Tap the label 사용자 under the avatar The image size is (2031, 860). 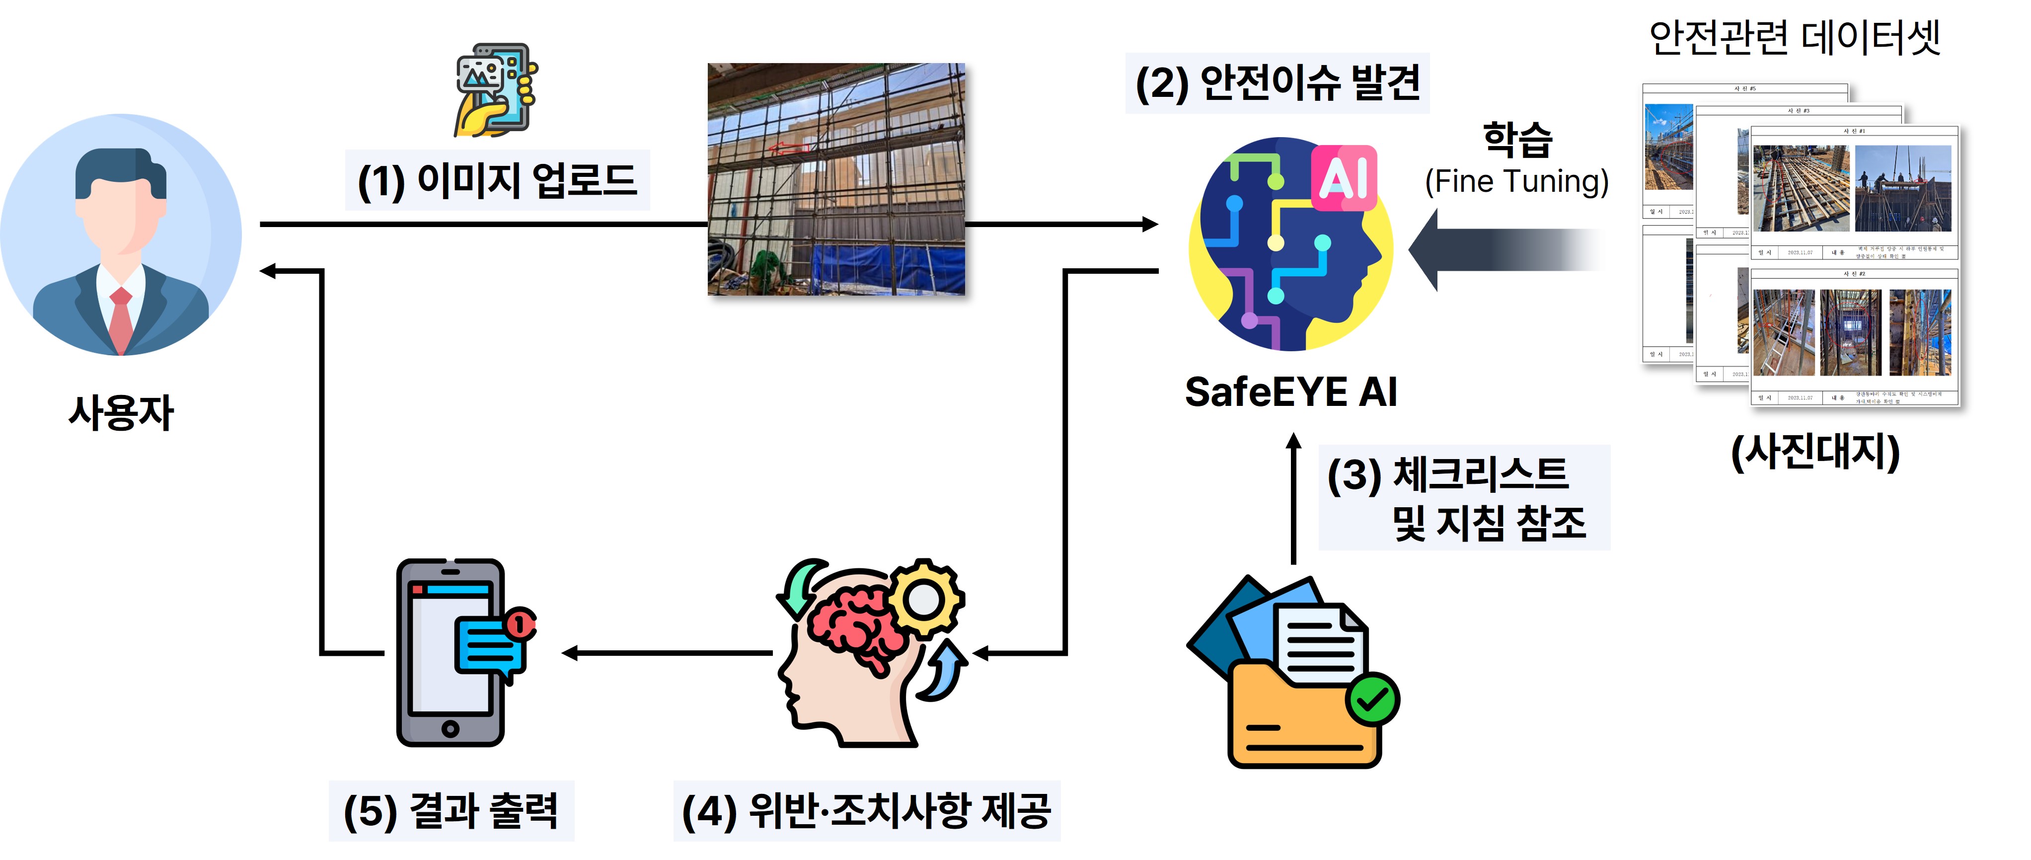pyautogui.click(x=121, y=412)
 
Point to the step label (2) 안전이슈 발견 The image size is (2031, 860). pyautogui.click(x=1277, y=83)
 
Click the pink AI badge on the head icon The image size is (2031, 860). pyautogui.click(x=1344, y=177)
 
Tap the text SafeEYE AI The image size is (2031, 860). pyautogui.click(x=1290, y=392)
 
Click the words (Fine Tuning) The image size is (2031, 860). pyautogui.click(x=1516, y=182)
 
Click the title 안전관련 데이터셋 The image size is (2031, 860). pyautogui.click(x=1795, y=38)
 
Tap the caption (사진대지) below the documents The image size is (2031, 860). pyautogui.click(x=1815, y=452)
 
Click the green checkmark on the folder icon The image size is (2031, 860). pyautogui.click(x=1372, y=699)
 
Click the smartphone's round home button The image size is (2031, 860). pyautogui.click(x=450, y=728)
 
